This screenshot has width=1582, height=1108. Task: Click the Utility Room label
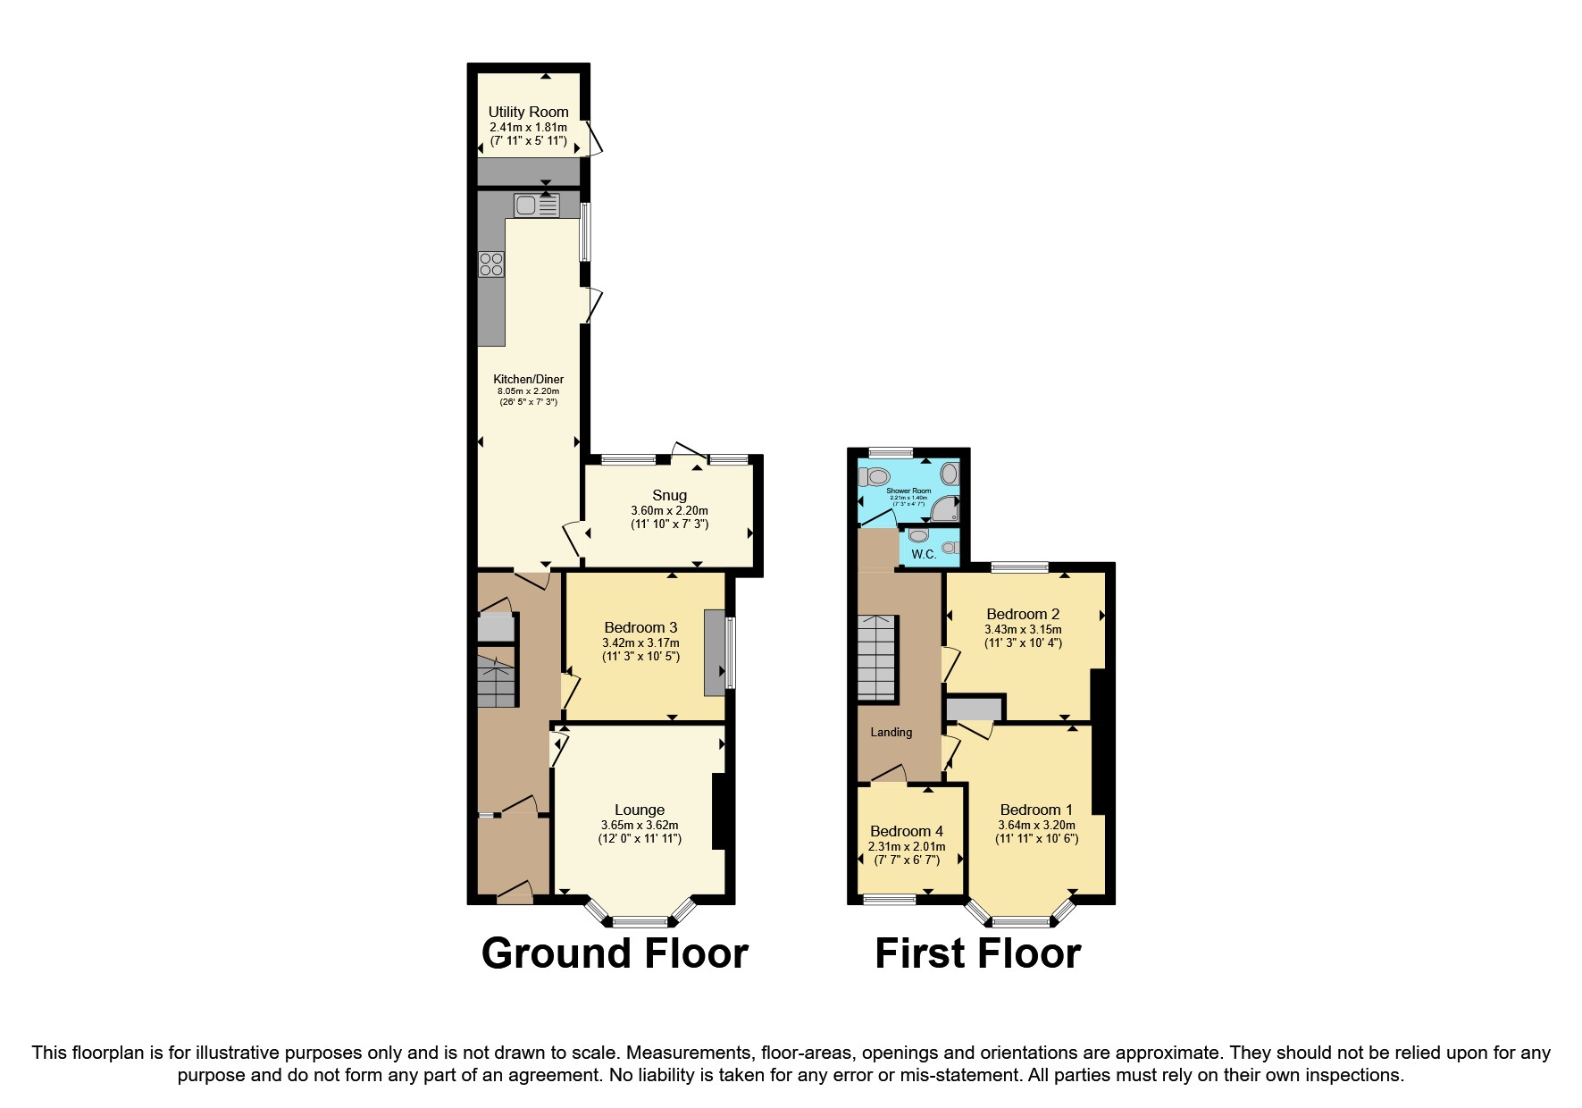[x=528, y=112]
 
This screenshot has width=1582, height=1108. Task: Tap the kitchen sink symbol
[x=536, y=206]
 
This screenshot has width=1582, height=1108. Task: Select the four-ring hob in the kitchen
[x=490, y=264]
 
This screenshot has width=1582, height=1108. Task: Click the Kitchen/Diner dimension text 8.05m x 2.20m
[x=528, y=391]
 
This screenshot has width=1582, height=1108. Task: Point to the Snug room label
[x=669, y=495]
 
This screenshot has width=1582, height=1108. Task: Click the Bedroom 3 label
[x=640, y=627]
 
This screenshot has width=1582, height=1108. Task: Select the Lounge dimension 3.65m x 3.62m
[x=640, y=826]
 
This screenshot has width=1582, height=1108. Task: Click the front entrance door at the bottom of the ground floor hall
[x=514, y=894]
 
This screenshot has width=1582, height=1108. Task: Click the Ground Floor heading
[x=615, y=953]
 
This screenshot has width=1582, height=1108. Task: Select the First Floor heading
[x=977, y=953]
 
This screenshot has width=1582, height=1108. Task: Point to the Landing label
[x=891, y=733]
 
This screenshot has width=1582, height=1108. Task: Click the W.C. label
[x=924, y=555]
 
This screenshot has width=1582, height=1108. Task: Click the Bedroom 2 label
[x=1023, y=614]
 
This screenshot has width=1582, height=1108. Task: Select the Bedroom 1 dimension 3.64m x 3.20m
[x=1036, y=826]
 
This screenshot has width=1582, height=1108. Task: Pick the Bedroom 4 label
[x=906, y=831]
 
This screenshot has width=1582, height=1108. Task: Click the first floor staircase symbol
[x=877, y=658]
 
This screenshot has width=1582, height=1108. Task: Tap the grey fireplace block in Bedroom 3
[x=715, y=652]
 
